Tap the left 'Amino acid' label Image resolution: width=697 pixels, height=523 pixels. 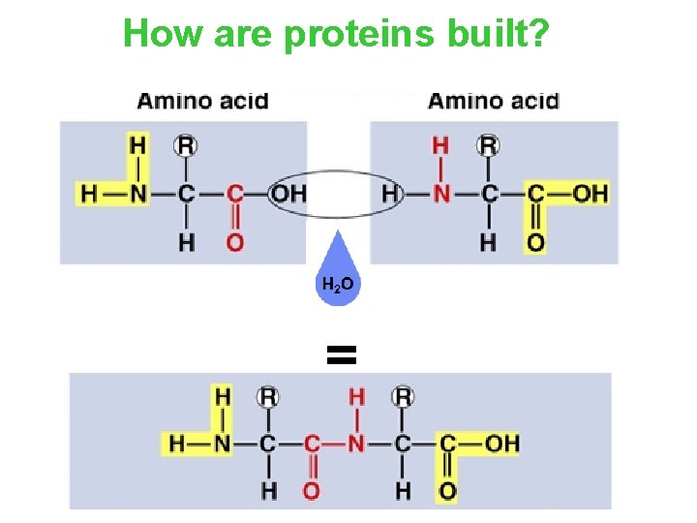click(x=202, y=100)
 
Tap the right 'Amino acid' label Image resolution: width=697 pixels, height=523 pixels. click(x=493, y=100)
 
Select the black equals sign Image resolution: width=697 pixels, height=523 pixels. click(x=342, y=355)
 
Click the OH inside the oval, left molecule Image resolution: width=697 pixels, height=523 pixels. click(x=288, y=194)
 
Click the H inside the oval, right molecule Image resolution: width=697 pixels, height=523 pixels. click(x=389, y=194)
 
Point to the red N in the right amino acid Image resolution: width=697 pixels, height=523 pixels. click(x=441, y=194)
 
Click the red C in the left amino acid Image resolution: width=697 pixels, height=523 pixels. click(x=234, y=194)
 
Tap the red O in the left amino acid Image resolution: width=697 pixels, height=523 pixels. click(x=234, y=241)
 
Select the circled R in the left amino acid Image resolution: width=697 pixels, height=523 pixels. click(x=186, y=145)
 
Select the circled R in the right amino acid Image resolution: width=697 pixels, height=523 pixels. click(x=489, y=145)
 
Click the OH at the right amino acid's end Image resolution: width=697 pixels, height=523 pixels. click(x=590, y=194)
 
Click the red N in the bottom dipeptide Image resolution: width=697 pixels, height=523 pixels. click(x=356, y=444)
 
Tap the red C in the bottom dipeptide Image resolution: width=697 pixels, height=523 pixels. click(x=312, y=444)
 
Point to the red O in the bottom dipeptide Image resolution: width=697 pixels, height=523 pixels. click(x=312, y=491)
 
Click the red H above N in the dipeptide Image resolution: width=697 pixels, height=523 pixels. click(x=356, y=396)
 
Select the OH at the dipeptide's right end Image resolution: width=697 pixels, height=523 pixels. click(x=501, y=444)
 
